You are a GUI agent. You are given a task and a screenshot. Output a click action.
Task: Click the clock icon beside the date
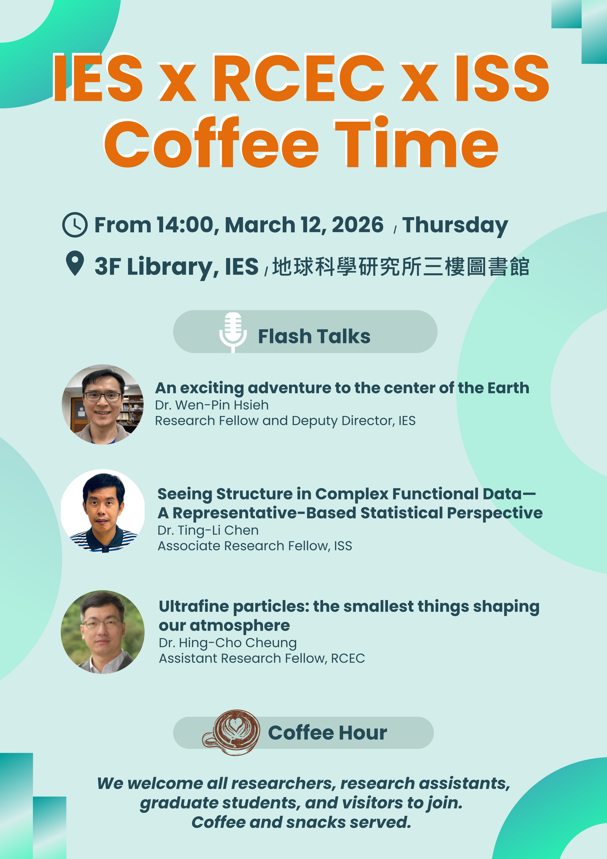point(75,225)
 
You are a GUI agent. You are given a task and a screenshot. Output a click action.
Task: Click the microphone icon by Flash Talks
point(233,332)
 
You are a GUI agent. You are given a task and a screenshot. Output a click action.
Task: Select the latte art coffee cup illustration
point(232,732)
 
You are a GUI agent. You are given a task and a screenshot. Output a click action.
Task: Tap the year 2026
point(357,225)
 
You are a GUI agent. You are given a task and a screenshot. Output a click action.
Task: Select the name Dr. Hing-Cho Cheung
point(228,643)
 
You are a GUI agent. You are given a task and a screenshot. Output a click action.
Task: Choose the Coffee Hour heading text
point(328,733)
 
